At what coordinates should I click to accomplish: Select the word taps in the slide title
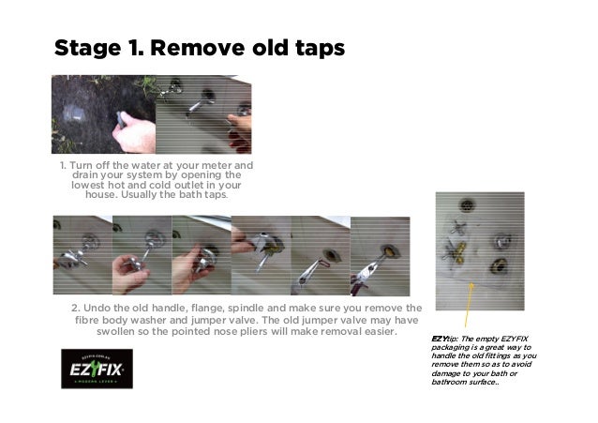click(314, 49)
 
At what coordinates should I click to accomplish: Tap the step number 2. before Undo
click(77, 309)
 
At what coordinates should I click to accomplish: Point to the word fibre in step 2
click(79, 321)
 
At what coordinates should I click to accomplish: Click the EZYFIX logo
click(97, 368)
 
